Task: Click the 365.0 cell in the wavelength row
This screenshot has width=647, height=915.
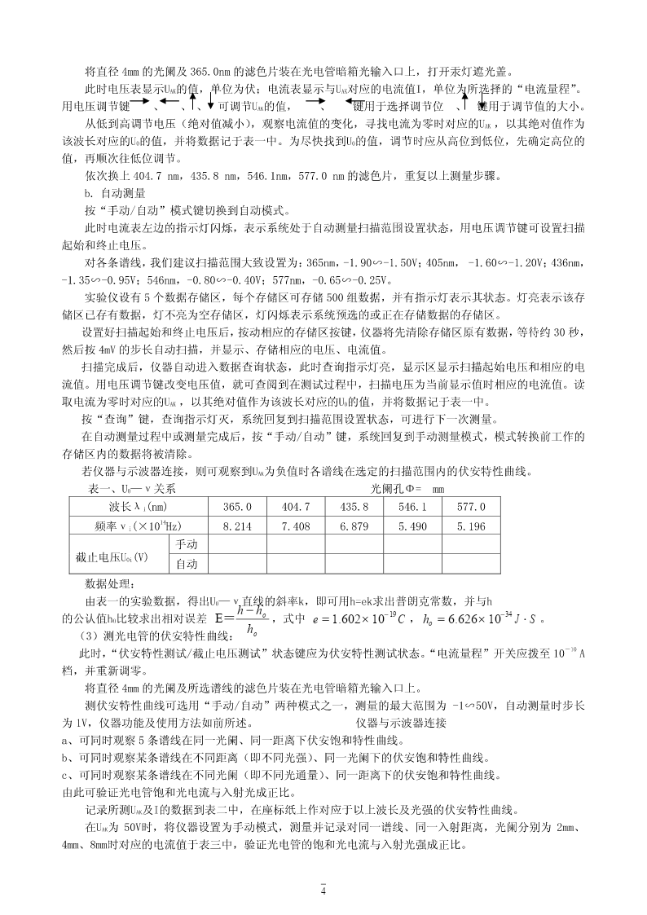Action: click(242, 507)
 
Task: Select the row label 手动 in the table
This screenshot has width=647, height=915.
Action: click(187, 544)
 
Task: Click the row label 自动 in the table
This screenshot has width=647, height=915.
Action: click(187, 564)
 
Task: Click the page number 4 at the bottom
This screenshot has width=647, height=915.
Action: click(323, 891)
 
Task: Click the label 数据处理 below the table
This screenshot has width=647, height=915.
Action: click(112, 583)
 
